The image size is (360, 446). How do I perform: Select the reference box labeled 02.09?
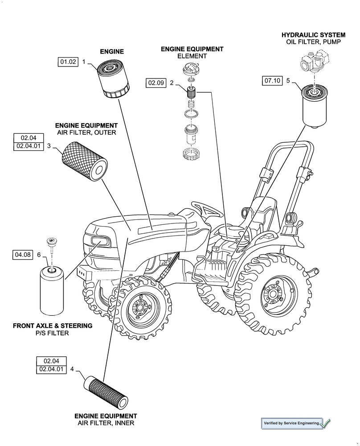click(156, 83)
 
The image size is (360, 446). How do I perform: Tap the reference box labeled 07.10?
click(272, 81)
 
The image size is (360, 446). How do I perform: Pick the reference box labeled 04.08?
click(23, 255)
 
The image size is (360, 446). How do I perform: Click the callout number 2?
click(172, 83)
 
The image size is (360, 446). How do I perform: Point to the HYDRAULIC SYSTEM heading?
click(313, 34)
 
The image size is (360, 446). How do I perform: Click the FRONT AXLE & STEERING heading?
click(53, 326)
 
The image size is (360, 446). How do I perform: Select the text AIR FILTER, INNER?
click(106, 423)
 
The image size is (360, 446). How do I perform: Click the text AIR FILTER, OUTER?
click(86, 132)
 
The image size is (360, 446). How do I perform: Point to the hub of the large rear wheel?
click(272, 295)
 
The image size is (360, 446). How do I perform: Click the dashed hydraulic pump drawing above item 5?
click(315, 62)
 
